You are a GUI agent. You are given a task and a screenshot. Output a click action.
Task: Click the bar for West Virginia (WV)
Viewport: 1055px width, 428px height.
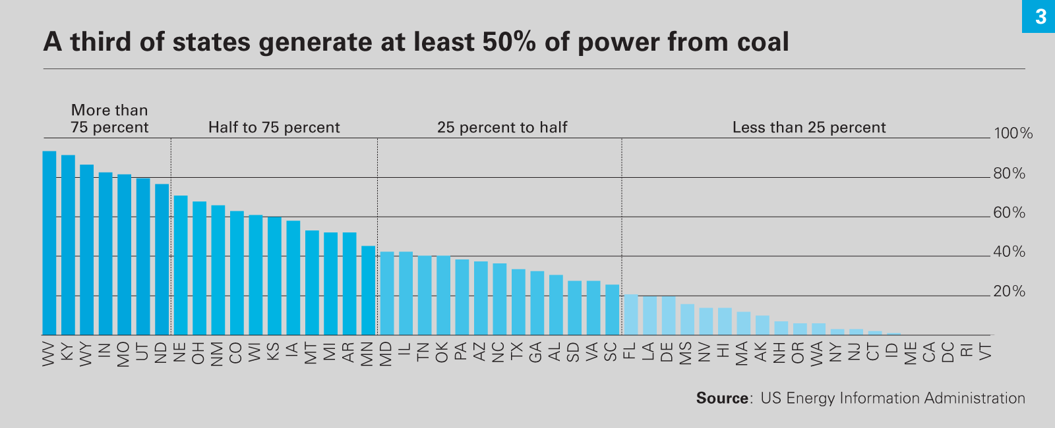49,243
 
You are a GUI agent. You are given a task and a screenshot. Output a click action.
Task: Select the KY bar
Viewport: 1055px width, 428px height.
68,245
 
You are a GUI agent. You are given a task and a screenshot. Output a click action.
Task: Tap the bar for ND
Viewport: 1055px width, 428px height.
162,259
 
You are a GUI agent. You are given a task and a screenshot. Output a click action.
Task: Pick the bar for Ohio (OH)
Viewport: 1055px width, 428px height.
199,268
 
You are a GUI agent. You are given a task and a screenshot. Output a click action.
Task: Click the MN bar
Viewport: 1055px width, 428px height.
368,290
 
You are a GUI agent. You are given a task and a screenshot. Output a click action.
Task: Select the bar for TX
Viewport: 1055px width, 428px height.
518,302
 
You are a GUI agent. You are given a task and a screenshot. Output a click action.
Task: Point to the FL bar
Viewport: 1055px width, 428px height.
631,315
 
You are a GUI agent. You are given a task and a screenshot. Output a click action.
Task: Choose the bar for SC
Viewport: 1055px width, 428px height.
613,309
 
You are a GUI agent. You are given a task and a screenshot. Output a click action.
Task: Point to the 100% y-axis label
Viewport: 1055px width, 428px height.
1013,134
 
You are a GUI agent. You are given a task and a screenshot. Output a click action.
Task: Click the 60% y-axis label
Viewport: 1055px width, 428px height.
1010,213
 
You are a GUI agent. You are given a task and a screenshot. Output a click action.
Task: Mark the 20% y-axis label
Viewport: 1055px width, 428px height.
1010,292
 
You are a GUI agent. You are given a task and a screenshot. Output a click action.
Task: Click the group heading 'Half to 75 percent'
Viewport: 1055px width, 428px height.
274,127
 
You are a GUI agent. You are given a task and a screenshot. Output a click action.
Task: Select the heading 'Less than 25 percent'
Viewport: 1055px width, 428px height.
809,127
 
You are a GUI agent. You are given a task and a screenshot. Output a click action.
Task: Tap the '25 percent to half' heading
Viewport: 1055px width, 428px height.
502,127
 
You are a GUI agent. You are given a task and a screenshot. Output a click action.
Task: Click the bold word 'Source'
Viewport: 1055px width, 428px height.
722,398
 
